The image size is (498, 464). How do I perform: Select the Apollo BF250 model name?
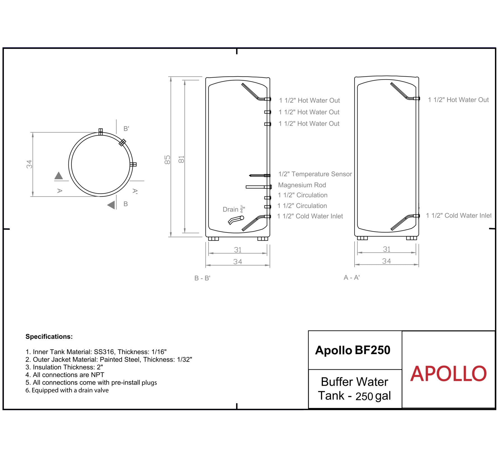pyautogui.click(x=352, y=350)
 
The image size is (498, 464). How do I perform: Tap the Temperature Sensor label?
pyautogui.click(x=315, y=174)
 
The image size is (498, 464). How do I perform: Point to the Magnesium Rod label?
pyautogui.click(x=302, y=185)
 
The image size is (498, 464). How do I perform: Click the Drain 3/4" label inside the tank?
pyautogui.click(x=234, y=209)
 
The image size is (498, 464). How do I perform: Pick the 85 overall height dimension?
pyautogui.click(x=167, y=160)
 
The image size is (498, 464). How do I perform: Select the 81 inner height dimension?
pyautogui.click(x=182, y=159)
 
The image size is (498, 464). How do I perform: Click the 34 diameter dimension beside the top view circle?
pyautogui.click(x=29, y=164)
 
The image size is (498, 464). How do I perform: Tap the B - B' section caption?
pyautogui.click(x=202, y=278)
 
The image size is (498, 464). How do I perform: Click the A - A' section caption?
pyautogui.click(x=351, y=278)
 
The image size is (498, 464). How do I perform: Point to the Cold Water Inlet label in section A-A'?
pyautogui.click(x=458, y=215)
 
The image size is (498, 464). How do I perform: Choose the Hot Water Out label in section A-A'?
pyautogui.click(x=458, y=100)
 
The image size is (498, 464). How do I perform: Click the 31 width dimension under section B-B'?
pyautogui.click(x=238, y=250)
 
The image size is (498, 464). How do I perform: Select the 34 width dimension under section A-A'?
pyautogui.click(x=386, y=261)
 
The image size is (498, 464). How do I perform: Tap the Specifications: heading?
pyautogui.click(x=49, y=337)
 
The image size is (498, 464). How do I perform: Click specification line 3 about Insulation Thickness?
pyautogui.click(x=64, y=367)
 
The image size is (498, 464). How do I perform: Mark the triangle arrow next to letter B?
pyautogui.click(x=112, y=205)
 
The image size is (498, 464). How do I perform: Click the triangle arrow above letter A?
pyautogui.click(x=59, y=176)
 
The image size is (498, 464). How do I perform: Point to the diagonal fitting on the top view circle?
pyautogui.click(x=122, y=143)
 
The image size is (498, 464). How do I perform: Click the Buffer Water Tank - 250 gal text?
pyautogui.click(x=354, y=389)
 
